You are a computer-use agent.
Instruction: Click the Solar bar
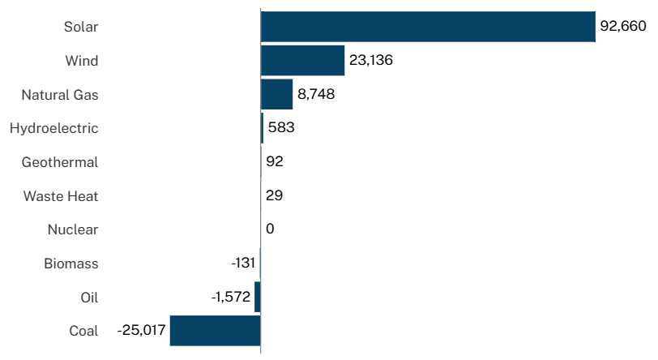(428, 27)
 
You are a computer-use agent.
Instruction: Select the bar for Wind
(302, 61)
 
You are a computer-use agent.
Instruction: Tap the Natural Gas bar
(276, 94)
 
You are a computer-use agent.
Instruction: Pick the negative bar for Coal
(215, 331)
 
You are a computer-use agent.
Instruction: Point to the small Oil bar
(258, 297)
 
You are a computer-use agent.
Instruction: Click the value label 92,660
(623, 27)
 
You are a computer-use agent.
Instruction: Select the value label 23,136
(371, 61)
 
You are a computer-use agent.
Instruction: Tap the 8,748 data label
(316, 94)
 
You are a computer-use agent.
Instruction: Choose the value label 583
(281, 128)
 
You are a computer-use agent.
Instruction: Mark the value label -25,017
(141, 331)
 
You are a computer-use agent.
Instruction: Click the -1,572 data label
(231, 297)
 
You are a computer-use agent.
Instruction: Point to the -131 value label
(243, 264)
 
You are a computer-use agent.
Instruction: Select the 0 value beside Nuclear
(270, 229)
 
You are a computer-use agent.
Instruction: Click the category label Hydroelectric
(53, 128)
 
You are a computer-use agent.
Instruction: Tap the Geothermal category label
(60, 162)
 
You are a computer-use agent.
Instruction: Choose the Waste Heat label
(61, 196)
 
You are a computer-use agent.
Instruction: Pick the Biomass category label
(70, 264)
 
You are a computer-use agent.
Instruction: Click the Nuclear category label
(73, 229)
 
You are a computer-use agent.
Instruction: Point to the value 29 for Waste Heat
(274, 196)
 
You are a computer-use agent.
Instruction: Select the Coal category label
(83, 331)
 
